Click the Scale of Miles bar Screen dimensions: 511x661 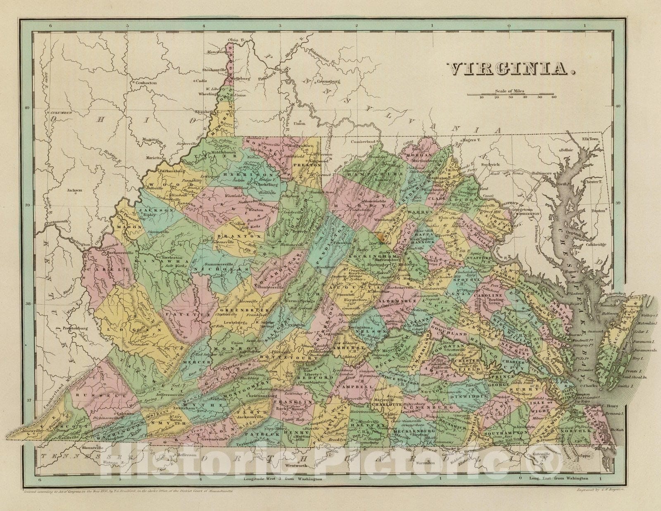512,95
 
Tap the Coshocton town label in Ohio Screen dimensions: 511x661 147,83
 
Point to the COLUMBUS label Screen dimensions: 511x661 61,113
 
